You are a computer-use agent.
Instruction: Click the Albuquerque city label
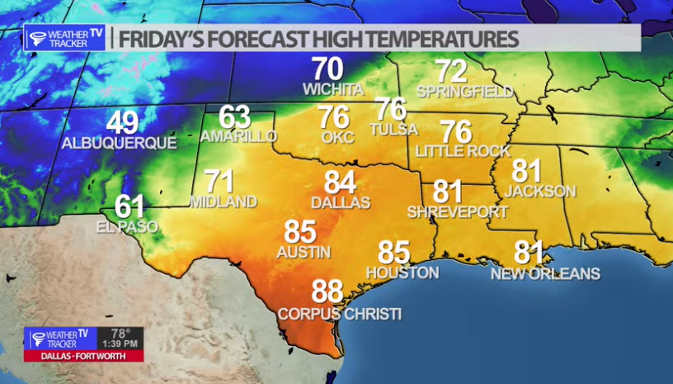tap(119, 143)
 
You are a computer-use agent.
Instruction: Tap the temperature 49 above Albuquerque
tap(122, 124)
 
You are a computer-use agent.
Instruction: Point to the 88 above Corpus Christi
tap(327, 292)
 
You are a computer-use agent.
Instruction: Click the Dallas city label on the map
tap(341, 201)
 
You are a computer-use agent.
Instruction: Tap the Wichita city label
tap(333, 88)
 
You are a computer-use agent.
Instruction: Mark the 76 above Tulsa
tap(391, 109)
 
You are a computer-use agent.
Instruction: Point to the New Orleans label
tap(545, 273)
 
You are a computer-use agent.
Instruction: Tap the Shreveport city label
tap(457, 212)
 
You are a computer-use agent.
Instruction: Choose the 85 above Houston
tap(394, 252)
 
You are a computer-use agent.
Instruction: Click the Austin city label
tap(304, 252)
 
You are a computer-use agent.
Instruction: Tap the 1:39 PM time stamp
tap(121, 342)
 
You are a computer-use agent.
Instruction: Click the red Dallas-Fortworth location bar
tap(84, 356)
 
